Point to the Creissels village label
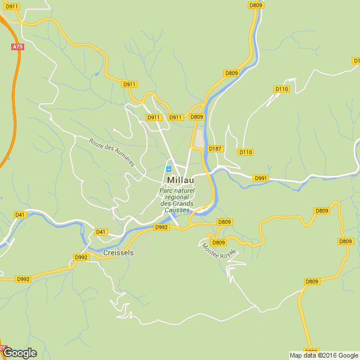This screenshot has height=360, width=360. pyautogui.click(x=119, y=253)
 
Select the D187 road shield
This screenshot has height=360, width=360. pyautogui.click(x=215, y=148)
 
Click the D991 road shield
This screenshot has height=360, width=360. pyautogui.click(x=261, y=178)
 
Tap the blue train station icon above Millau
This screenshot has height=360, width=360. pyautogui.click(x=168, y=168)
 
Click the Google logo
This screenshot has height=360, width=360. pyautogui.click(x=19, y=353)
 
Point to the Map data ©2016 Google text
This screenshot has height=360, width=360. pyautogui.click(x=323, y=355)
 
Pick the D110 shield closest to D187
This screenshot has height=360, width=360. pyautogui.click(x=246, y=152)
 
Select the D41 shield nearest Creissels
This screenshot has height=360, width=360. pyautogui.click(x=101, y=232)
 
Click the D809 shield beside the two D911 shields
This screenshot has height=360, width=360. pyautogui.click(x=197, y=117)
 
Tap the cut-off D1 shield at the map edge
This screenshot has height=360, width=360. pyautogui.click(x=356, y=61)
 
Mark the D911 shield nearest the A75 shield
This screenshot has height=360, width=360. pyautogui.click(x=11, y=6)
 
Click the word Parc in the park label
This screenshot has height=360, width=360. pyautogui.click(x=168, y=191)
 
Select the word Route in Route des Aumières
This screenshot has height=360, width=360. pyautogui.click(x=95, y=142)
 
